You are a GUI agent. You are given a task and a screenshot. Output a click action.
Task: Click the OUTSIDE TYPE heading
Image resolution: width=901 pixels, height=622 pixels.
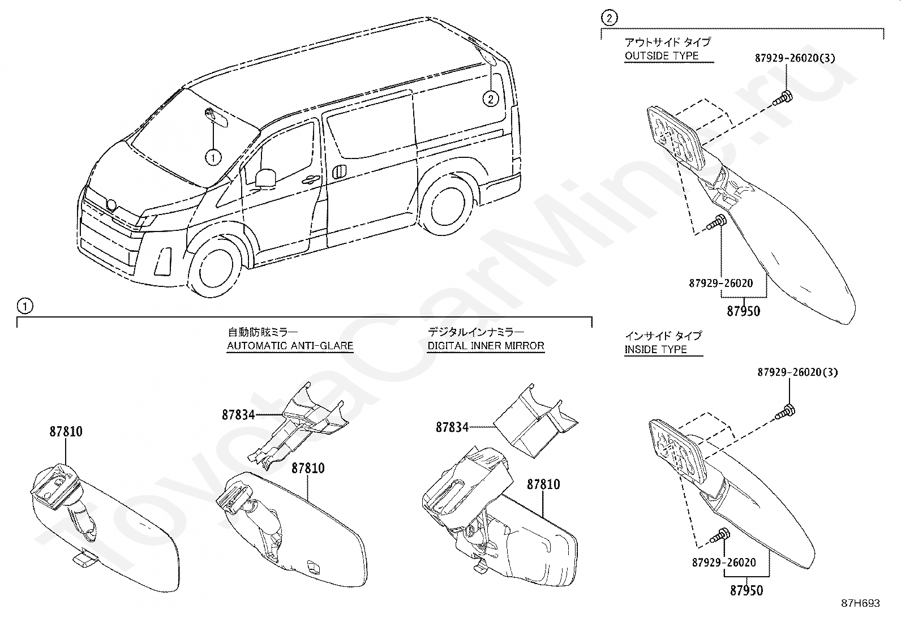tap(661, 55)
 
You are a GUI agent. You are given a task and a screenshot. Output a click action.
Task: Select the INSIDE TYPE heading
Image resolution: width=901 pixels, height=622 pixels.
tap(655, 349)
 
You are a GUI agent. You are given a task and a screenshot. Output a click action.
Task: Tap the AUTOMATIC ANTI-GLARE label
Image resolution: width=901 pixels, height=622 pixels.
tap(290, 345)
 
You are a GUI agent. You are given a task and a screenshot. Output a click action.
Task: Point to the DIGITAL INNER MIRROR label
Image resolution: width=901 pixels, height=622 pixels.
tap(486, 345)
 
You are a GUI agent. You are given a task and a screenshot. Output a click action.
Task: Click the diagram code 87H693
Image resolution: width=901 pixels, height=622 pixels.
tap(859, 603)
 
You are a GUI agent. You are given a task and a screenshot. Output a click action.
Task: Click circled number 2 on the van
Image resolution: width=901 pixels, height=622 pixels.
tap(490, 99)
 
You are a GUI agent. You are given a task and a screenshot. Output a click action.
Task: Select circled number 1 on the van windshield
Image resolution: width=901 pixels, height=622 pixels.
tap(213, 157)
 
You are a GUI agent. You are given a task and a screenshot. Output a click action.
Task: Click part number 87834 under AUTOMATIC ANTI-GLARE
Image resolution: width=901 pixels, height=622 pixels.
tap(238, 415)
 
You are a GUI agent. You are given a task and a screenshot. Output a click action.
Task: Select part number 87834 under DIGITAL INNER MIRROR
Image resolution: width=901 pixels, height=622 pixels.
tap(452, 427)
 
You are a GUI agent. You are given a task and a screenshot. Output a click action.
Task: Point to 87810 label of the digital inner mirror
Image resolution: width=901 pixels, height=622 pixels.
tap(543, 484)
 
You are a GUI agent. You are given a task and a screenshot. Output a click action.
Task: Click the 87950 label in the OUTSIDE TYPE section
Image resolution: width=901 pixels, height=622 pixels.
tap(743, 311)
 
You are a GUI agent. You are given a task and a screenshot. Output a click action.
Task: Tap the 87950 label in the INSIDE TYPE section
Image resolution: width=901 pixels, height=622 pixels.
tap(746, 590)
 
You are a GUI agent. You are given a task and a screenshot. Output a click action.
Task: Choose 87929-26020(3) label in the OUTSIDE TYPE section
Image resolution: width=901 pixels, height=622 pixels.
tap(795, 58)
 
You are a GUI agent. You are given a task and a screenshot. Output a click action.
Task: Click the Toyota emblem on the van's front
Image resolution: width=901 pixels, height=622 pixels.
tap(111, 205)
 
